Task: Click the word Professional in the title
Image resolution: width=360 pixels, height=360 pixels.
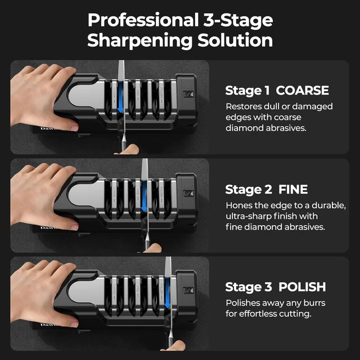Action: [x=143, y=20]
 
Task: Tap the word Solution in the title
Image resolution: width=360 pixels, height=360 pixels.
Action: [x=235, y=40]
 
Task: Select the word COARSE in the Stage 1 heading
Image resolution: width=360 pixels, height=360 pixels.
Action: [x=302, y=90]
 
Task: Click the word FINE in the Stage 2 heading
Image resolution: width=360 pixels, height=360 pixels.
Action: [x=293, y=190]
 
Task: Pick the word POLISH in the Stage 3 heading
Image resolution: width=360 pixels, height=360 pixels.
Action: [x=302, y=287]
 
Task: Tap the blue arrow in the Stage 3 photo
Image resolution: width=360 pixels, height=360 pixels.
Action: [x=168, y=293]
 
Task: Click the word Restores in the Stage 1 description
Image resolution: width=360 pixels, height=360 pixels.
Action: [x=244, y=106]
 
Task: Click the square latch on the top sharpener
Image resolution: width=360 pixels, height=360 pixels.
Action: [x=188, y=94]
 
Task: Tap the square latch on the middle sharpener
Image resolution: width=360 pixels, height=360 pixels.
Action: [x=188, y=193]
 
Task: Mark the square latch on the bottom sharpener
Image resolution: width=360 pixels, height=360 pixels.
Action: [x=188, y=291]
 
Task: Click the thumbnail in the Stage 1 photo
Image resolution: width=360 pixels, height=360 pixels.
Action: [x=74, y=128]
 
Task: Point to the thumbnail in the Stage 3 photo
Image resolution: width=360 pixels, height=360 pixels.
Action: [x=74, y=324]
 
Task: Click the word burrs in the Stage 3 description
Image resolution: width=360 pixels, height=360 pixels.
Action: [x=314, y=303]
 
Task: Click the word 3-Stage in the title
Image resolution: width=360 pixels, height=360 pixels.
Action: [x=238, y=20]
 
